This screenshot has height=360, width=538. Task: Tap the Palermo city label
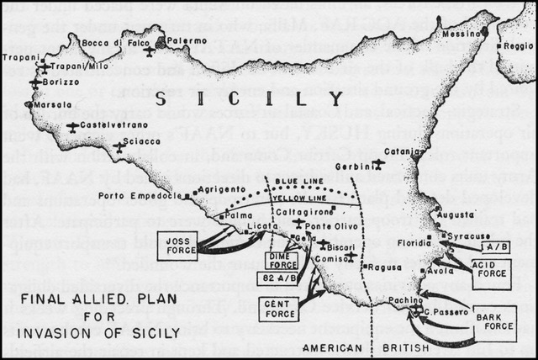point(192,40)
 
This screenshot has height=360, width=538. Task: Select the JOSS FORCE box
point(177,244)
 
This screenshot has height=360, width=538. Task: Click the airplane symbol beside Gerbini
point(378,163)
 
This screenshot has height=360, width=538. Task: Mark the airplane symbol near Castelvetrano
point(73,128)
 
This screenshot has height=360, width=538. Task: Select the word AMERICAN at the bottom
point(330,346)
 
